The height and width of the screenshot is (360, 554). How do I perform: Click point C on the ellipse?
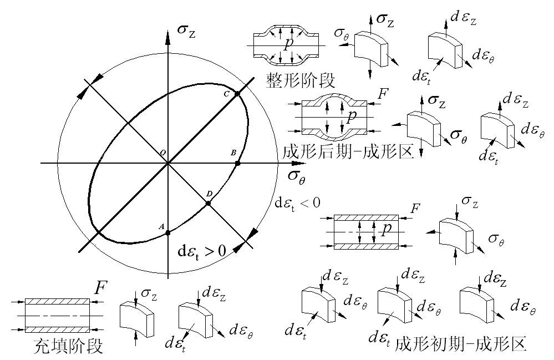point(237,94)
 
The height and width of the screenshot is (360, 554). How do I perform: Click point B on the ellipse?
point(238,163)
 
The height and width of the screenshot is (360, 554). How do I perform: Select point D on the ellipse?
point(209,204)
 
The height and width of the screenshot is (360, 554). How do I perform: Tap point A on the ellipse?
point(167,233)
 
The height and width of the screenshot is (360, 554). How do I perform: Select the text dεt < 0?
point(298,202)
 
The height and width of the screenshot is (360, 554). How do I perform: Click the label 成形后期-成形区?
point(348,151)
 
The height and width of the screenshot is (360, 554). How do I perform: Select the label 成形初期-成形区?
point(460,344)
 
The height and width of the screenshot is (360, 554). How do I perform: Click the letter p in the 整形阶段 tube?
point(286,44)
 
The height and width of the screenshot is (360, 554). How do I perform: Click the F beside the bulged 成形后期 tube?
point(382,94)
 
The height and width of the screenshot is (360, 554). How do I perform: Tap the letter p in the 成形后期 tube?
point(351,116)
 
